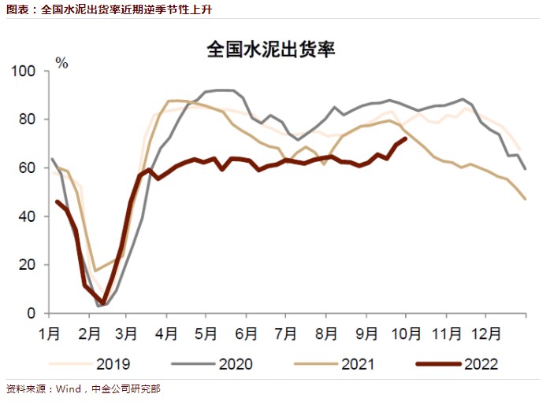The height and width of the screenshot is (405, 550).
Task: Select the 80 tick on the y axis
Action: (28, 120)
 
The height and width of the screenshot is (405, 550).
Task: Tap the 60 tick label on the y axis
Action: (28, 168)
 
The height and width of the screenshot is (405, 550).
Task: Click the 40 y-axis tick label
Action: (28, 216)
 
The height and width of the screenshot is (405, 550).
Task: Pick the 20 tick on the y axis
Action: (28, 265)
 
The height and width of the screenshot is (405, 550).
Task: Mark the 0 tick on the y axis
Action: (32, 313)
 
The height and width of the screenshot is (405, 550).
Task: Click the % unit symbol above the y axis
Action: (61, 63)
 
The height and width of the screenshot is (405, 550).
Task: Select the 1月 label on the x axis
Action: (50, 333)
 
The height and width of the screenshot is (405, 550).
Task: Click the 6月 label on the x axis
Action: (246, 333)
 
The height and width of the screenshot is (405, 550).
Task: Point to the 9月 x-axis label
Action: (368, 333)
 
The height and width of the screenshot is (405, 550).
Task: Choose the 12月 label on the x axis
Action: (486, 333)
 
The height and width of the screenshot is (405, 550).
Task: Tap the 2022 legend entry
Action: (481, 363)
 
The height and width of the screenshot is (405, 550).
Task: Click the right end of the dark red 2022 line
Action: (405, 138)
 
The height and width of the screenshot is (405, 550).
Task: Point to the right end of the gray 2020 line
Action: (526, 169)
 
